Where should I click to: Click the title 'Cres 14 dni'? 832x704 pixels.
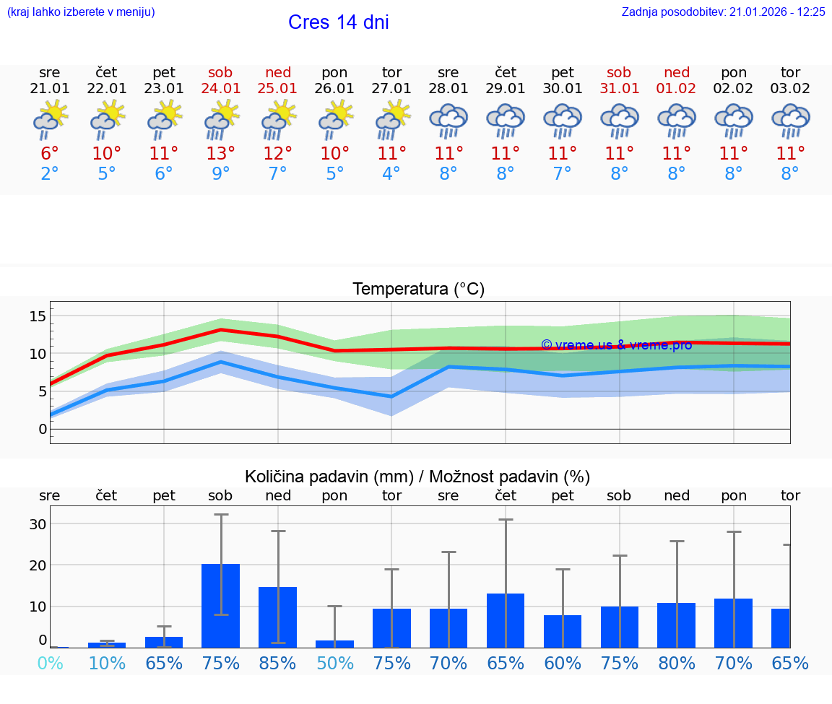click(338, 22)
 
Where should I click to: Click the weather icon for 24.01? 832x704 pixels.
click(221, 121)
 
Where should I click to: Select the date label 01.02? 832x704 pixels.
click(677, 88)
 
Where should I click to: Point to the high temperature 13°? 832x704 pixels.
click(221, 153)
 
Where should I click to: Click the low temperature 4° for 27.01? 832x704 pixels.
click(391, 174)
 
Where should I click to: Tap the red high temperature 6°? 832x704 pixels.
click(50, 153)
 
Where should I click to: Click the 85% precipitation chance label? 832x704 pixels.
click(278, 663)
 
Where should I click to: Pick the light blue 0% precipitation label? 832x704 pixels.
click(50, 663)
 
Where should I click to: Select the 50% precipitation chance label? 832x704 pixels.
click(335, 663)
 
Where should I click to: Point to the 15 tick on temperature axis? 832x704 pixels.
click(38, 316)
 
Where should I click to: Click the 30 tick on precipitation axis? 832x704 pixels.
click(38, 523)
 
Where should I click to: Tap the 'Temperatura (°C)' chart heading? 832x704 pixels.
click(418, 290)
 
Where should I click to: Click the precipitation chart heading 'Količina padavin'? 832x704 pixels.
click(417, 477)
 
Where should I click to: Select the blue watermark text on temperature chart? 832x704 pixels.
click(616, 345)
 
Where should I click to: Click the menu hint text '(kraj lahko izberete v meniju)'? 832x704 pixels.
click(81, 12)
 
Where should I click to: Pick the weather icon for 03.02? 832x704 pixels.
click(791, 121)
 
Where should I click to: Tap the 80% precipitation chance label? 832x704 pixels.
click(677, 663)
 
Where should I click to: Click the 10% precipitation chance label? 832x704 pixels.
click(107, 663)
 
